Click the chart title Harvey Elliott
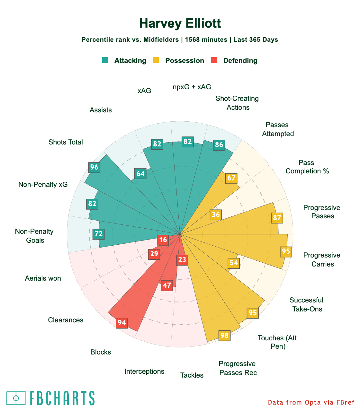[180, 23]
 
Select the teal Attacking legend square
[105, 60]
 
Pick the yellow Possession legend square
[156, 60]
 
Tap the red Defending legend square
[214, 60]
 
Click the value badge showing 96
[94, 167]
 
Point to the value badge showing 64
[140, 174]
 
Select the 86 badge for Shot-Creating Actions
[219, 144]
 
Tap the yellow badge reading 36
[216, 214]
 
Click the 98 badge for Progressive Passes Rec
[224, 335]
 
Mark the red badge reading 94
[122, 322]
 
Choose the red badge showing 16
[163, 240]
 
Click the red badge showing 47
[167, 285]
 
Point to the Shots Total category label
[66, 142]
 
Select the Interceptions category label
[144, 372]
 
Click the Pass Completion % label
[307, 167]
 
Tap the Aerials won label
[43, 278]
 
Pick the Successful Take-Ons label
[306, 304]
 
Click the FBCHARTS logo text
[62, 398]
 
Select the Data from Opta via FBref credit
[311, 402]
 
